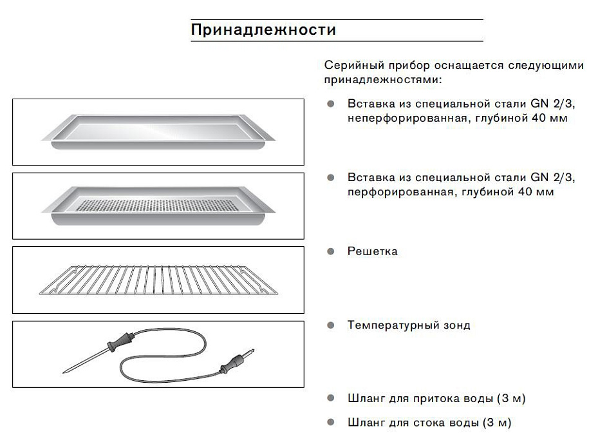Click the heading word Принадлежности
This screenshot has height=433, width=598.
[263, 30]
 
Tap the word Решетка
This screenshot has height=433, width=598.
[372, 251]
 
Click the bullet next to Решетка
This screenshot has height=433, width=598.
[331, 251]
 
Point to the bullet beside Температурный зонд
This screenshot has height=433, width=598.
[331, 325]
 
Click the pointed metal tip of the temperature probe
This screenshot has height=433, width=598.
[63, 372]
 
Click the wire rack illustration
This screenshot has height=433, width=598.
[158, 280]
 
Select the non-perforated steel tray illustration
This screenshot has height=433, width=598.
[158, 131]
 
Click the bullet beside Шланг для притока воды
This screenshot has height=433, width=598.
[331, 398]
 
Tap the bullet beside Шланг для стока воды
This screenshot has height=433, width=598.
[331, 422]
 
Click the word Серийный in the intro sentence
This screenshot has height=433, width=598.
[354, 65]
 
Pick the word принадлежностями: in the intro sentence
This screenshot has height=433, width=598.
[383, 80]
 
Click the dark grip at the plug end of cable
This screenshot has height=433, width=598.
[230, 364]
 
